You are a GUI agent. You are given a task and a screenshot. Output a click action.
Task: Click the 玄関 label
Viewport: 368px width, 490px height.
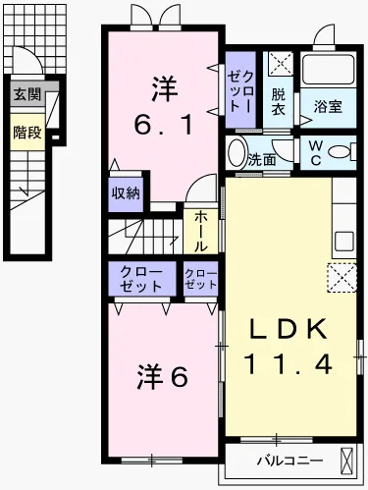pos(27,95)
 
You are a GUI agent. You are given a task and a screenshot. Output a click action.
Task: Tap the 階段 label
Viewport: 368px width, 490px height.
pos(27,133)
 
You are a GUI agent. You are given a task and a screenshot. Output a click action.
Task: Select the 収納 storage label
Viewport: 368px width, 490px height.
pos(125,192)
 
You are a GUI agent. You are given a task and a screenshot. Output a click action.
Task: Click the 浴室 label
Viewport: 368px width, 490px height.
pos(329,106)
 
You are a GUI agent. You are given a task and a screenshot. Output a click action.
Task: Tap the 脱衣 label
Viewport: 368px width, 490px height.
pos(280,102)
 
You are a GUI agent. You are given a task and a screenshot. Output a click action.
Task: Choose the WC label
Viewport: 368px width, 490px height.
pos(316,155)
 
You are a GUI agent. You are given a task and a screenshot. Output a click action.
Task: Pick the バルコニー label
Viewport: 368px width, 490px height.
pos(285,460)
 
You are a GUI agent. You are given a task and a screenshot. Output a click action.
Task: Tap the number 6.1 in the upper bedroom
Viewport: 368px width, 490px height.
pos(163,126)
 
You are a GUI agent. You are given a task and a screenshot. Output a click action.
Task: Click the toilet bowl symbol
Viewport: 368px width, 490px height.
pos(343,153)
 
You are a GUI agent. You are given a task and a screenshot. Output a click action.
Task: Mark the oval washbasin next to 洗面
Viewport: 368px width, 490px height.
pos(237,154)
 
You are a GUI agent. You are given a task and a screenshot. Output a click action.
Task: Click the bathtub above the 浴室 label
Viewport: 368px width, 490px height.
pos(329,70)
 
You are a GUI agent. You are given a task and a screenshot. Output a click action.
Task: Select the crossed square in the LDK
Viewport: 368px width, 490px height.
pos(342,278)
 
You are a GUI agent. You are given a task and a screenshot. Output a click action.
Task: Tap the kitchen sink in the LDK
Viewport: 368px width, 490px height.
pos(344,241)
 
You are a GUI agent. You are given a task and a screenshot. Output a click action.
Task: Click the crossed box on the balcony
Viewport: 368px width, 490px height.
pos(346,460)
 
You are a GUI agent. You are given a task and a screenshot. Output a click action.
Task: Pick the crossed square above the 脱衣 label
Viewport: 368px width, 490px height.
pos(280,66)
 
